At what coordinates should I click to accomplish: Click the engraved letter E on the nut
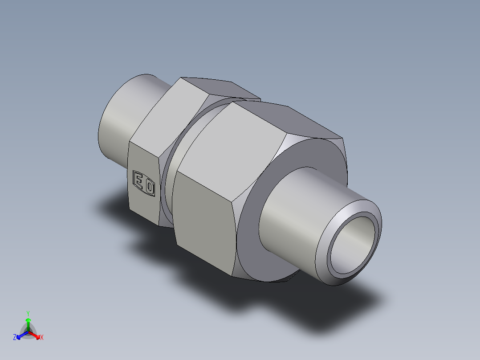139,182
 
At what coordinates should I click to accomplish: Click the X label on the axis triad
42,338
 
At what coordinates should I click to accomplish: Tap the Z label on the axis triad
15,338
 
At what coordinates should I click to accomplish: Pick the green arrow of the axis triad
28,322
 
